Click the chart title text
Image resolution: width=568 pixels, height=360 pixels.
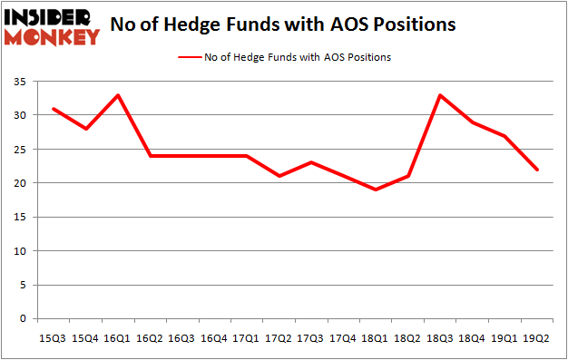coord(282,25)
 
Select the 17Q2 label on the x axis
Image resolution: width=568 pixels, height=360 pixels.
coord(279,338)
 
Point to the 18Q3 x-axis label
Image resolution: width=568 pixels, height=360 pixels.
coord(439,338)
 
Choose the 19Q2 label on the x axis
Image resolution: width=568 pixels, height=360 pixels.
coord(535,338)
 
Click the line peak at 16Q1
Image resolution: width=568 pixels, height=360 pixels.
coord(118,95)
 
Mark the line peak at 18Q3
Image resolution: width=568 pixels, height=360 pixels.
coord(439,95)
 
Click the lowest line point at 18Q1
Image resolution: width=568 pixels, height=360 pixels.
coord(375,190)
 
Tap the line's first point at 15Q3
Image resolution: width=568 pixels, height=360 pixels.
coord(54,109)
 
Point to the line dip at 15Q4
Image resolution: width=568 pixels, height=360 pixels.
coord(86,129)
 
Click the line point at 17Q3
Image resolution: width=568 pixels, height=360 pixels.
coord(310,162)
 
